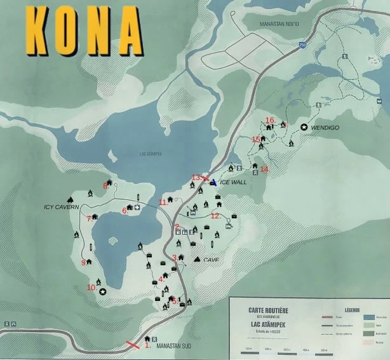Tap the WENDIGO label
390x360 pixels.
tap(325, 128)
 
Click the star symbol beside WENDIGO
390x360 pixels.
tap(304, 128)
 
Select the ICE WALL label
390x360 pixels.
tap(233, 182)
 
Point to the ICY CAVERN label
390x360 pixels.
tap(61, 207)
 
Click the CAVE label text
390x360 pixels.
tap(212, 260)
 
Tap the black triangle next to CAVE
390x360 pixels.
tap(197, 259)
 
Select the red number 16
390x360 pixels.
tap(270, 119)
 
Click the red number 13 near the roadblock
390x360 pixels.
tap(196, 177)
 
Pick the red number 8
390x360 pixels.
tap(106, 185)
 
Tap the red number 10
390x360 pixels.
tap(91, 288)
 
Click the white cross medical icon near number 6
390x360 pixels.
tap(137, 208)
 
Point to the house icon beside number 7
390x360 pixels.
tap(95, 217)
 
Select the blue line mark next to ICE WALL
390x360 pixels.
tap(213, 183)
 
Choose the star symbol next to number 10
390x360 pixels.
tap(102, 291)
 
